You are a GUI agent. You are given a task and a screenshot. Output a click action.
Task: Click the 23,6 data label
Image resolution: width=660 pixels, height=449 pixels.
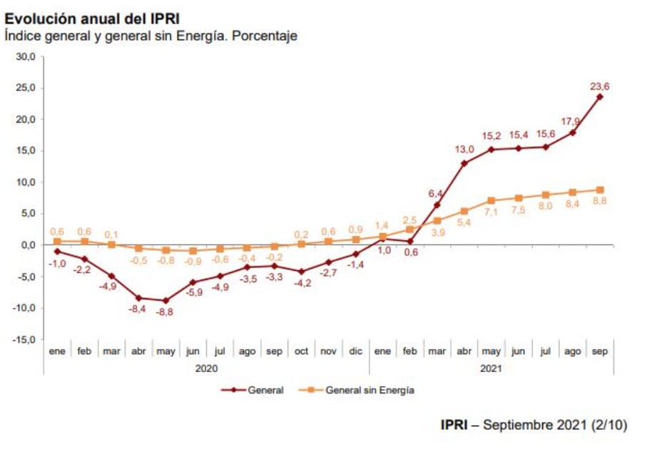(x=599, y=86)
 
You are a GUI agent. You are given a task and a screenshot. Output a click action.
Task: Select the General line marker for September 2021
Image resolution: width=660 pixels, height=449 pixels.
(x=599, y=97)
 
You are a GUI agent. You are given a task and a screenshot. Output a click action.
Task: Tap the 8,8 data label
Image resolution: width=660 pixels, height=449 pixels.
(x=599, y=202)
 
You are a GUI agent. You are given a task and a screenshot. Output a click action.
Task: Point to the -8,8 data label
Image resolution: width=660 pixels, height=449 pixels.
(x=166, y=311)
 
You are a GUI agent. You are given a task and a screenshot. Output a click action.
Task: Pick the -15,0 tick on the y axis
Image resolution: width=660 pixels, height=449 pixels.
(x=26, y=339)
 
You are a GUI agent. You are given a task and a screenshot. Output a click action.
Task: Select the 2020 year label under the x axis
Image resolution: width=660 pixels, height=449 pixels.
(x=206, y=368)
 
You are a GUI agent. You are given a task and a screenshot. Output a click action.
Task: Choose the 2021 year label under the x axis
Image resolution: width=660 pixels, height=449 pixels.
(x=491, y=368)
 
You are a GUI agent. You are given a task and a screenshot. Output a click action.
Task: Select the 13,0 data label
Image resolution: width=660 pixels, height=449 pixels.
(x=464, y=150)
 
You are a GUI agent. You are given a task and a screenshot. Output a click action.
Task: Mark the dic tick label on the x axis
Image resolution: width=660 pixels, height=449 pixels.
(x=355, y=351)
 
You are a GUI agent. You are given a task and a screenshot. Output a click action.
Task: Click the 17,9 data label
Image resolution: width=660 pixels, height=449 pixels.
(x=570, y=121)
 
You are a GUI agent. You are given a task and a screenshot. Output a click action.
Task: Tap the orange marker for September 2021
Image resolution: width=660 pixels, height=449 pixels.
(x=599, y=190)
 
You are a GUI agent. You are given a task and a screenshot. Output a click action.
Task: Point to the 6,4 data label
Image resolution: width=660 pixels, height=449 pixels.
(x=436, y=193)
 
